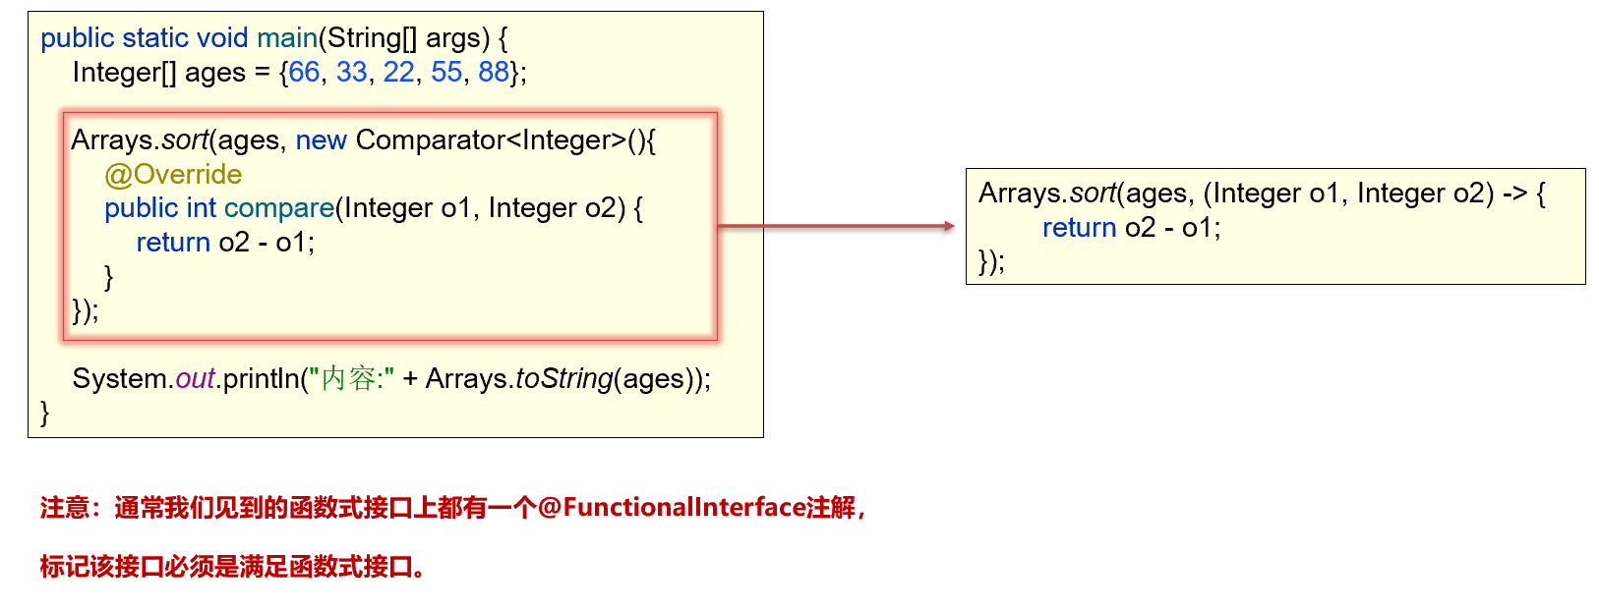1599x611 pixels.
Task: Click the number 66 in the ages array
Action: (x=304, y=72)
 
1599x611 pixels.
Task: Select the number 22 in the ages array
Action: (x=398, y=72)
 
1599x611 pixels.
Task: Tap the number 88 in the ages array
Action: (x=494, y=72)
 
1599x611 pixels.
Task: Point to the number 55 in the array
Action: (x=446, y=72)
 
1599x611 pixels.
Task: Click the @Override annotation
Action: (x=173, y=174)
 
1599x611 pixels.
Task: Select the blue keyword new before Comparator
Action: (x=321, y=140)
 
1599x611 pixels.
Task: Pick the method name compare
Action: (x=279, y=208)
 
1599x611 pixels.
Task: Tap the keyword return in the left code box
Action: (x=173, y=243)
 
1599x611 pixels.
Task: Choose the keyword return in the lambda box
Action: (x=1079, y=228)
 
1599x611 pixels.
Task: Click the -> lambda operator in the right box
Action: (x=1515, y=194)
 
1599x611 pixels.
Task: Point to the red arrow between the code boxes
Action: (x=836, y=226)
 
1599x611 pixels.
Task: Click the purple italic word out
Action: (x=195, y=379)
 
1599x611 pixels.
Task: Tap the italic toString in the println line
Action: (x=563, y=379)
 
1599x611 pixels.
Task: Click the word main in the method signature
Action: (x=286, y=38)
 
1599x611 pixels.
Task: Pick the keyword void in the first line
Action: (x=222, y=38)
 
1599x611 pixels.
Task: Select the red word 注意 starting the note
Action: (x=65, y=508)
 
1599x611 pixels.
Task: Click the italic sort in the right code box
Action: (x=1093, y=194)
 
